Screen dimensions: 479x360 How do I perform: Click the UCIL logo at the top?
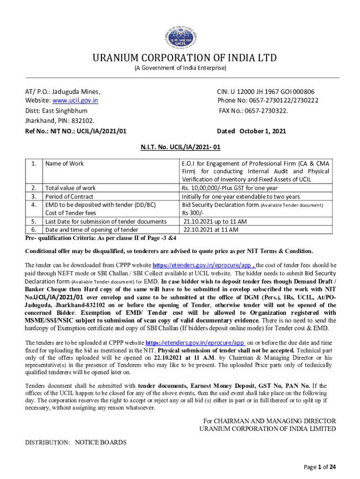coord(180,34)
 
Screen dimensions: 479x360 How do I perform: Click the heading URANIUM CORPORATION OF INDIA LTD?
coord(180,58)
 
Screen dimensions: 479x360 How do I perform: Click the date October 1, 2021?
coord(262,131)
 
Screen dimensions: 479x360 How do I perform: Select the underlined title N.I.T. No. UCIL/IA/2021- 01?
coord(180,147)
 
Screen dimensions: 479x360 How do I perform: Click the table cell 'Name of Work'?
coord(65,163)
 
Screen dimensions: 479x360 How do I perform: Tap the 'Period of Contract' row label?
coord(69,196)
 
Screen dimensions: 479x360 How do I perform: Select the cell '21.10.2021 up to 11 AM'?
coord(215,221)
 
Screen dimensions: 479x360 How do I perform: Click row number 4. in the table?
coord(34,205)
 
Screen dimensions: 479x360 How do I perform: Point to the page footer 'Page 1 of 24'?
coord(320,466)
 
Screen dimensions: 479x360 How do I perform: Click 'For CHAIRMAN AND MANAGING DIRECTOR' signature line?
coord(267,421)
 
